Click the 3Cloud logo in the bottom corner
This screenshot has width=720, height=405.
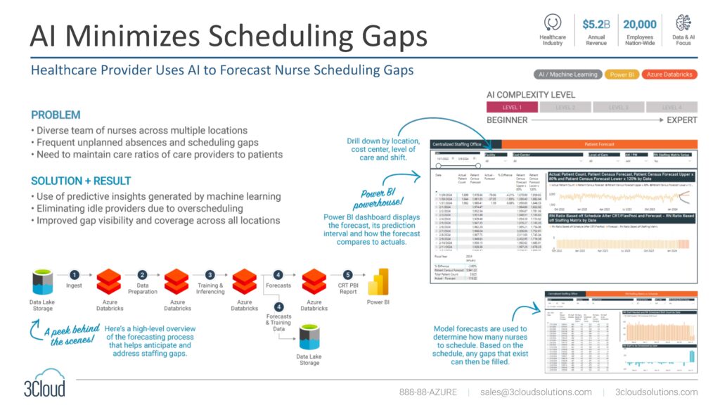pos(44,383)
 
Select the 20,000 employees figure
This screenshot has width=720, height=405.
pos(640,25)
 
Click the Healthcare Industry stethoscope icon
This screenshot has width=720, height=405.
pos(552,22)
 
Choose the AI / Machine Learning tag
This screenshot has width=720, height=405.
pos(567,75)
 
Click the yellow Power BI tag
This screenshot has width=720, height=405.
pos(621,75)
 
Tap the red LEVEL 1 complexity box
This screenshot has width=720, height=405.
pos(511,108)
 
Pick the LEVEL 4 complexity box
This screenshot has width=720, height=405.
pos(671,108)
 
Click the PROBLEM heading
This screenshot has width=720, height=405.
pos(56,115)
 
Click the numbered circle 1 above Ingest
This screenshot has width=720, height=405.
pos(75,275)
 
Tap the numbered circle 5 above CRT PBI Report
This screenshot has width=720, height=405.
pos(347,275)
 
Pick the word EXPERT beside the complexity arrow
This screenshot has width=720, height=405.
pos(681,120)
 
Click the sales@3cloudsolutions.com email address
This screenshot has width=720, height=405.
pos(536,392)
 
